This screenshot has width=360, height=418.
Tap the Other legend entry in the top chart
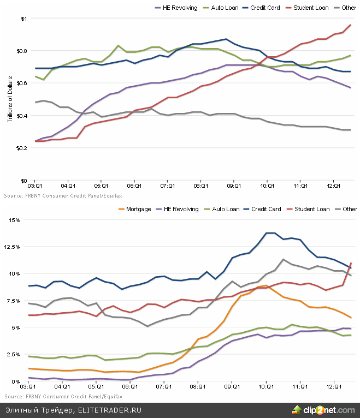click(x=348, y=8)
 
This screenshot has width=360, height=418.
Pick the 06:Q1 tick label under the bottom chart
click(x=129, y=386)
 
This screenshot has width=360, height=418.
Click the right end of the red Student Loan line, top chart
click(x=350, y=25)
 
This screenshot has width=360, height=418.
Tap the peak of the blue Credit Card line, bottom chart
click(x=270, y=233)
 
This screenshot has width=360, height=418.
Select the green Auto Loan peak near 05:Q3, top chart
click(x=118, y=46)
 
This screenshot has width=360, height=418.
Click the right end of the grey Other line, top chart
click(x=350, y=130)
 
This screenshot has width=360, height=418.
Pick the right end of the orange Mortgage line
click(x=350, y=318)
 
